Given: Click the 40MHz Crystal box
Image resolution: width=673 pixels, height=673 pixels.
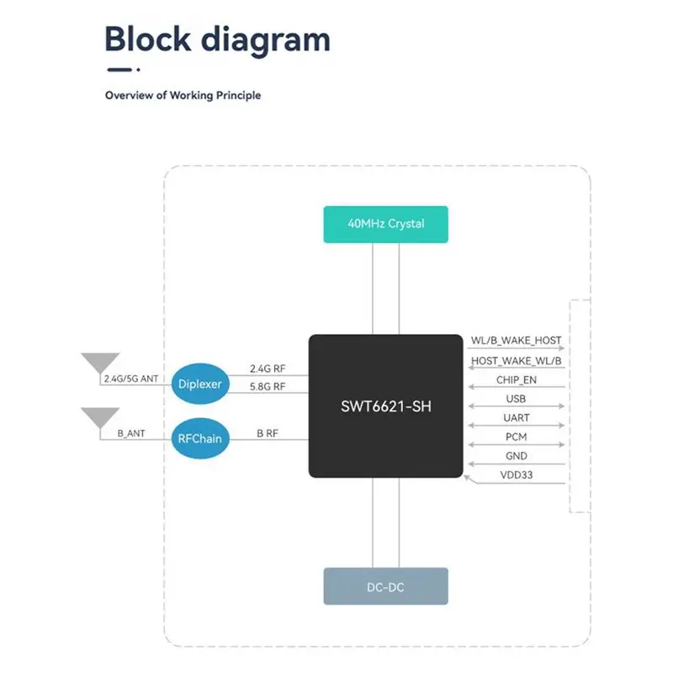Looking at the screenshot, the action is click(x=385, y=225).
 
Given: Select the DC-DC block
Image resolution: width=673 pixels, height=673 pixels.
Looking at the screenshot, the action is click(x=385, y=586).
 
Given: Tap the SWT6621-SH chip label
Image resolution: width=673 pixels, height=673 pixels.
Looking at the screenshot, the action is click(x=386, y=406).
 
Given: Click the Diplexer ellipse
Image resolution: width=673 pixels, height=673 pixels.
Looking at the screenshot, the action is click(x=200, y=384).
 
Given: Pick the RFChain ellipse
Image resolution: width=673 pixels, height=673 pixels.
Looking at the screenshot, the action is click(x=200, y=438).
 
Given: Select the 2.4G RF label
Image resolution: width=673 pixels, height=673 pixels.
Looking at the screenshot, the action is click(x=268, y=368).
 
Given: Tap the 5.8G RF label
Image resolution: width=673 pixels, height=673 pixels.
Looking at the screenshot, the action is click(x=268, y=387).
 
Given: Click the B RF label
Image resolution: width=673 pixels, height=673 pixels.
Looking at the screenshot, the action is click(x=268, y=433).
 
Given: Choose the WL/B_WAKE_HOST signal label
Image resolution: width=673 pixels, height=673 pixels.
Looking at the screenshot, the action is click(x=516, y=341).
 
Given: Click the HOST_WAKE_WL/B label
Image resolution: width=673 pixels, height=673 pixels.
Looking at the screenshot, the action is click(x=516, y=361).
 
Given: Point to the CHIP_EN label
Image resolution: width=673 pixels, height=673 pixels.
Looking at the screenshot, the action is click(x=517, y=380).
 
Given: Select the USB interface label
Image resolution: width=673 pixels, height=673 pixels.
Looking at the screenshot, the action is click(x=516, y=399).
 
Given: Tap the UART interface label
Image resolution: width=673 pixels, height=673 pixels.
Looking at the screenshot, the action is click(x=517, y=418).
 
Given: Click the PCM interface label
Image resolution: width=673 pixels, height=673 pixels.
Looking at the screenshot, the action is click(x=516, y=437).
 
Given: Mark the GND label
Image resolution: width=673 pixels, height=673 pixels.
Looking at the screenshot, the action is click(x=517, y=456).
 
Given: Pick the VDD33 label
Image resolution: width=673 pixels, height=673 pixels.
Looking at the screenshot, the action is click(x=517, y=475).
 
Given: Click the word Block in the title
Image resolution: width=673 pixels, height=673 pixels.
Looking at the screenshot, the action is click(x=148, y=39).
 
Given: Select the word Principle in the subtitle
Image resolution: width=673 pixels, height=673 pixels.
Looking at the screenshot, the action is click(x=238, y=95).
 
